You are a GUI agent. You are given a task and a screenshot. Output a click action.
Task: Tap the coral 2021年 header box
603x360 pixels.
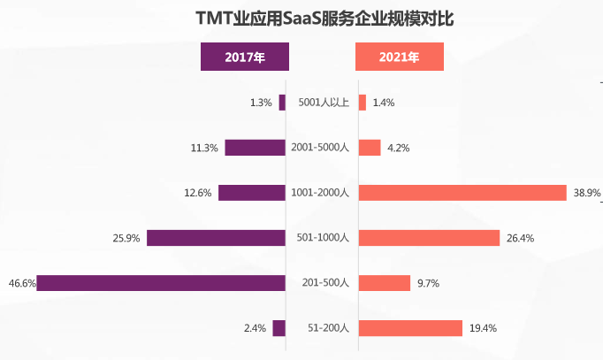click(399, 57)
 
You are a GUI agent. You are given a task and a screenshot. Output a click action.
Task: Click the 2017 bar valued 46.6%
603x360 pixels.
click(161, 283)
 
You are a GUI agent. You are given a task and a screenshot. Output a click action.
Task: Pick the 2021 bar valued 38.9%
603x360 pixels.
click(462, 193)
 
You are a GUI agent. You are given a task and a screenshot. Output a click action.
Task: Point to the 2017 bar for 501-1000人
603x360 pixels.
click(216, 238)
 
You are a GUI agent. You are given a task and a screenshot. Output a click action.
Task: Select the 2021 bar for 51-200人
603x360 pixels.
click(410, 328)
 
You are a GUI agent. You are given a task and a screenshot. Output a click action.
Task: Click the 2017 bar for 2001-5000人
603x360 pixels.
click(255, 148)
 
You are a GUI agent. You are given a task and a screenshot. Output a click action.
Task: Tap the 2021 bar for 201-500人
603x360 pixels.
click(385, 283)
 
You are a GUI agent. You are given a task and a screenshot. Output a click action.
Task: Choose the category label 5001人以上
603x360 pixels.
click(324, 103)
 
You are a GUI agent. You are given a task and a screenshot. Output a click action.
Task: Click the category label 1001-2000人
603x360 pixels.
click(320, 193)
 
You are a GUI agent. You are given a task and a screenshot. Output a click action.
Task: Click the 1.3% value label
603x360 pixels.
click(261, 103)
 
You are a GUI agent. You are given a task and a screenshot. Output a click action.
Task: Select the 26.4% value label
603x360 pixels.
click(520, 238)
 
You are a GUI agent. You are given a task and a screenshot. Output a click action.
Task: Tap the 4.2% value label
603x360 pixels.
click(399, 148)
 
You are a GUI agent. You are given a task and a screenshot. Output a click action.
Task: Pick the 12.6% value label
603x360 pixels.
click(197, 193)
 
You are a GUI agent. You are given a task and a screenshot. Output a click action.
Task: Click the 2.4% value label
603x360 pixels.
click(255, 328)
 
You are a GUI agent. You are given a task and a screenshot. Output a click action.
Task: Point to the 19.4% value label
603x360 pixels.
click(483, 328)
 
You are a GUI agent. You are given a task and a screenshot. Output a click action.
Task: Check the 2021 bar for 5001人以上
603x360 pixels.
click(362, 103)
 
